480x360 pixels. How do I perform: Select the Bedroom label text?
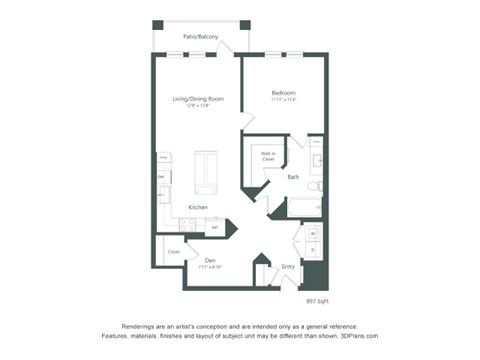click(x=284, y=93)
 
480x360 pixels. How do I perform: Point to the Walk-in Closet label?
click(x=269, y=157)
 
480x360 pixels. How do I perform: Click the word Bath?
click(x=293, y=177)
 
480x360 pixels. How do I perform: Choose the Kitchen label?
click(x=198, y=207)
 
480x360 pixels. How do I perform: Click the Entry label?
click(x=288, y=266)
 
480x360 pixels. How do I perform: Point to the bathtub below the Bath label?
click(x=305, y=208)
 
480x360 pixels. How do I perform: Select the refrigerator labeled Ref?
click(x=214, y=227)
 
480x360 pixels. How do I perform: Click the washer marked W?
click(x=311, y=234)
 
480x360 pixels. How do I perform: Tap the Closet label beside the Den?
click(x=173, y=251)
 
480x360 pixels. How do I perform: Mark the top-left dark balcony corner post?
click(x=158, y=24)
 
